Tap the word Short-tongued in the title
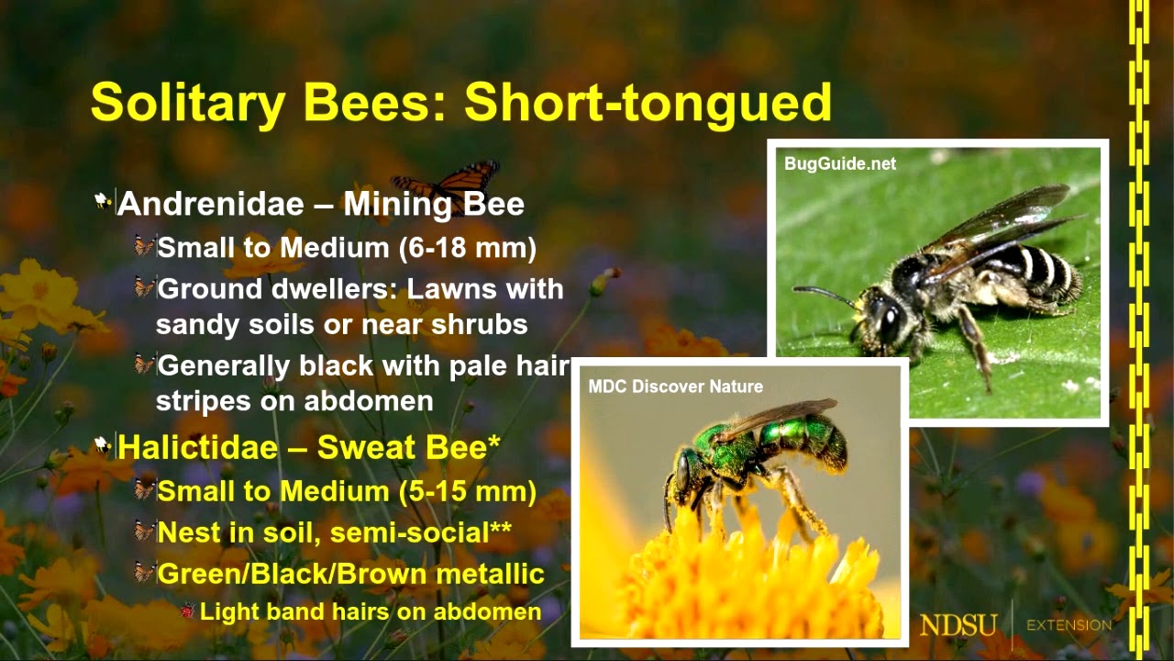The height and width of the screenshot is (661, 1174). (x=648, y=102)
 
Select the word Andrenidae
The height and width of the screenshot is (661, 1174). (x=209, y=203)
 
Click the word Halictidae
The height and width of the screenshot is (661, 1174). (x=209, y=448)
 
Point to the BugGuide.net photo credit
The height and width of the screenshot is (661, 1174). (x=840, y=164)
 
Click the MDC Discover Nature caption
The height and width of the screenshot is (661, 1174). (x=675, y=387)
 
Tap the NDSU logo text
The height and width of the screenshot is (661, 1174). (x=958, y=626)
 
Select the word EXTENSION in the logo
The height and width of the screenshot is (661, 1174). (x=1069, y=626)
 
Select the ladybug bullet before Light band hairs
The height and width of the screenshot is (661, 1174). (x=189, y=611)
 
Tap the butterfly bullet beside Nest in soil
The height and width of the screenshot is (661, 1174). (x=144, y=532)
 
